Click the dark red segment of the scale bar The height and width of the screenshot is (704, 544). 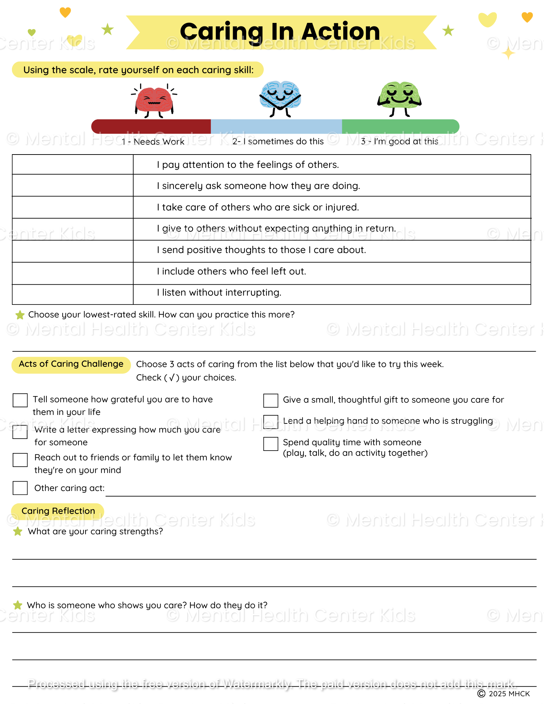151,126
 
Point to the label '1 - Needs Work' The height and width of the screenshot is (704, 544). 153,142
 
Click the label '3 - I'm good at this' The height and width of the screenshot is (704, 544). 400,142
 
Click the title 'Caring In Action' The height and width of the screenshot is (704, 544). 280,32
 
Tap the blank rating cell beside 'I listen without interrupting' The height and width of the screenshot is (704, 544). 73,294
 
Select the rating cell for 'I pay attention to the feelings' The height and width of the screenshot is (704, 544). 73,164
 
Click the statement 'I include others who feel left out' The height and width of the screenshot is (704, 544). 231,271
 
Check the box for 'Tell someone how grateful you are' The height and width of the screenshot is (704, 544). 20,400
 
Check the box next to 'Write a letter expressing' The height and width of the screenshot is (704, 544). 20,432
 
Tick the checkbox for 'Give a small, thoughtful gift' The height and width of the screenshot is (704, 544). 271,400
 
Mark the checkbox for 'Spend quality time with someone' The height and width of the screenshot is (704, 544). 271,444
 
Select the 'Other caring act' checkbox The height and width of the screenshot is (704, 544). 20,488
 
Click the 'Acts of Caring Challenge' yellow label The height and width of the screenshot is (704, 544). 71,364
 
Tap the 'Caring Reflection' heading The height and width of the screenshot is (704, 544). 58,511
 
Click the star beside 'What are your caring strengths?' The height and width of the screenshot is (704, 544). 18,532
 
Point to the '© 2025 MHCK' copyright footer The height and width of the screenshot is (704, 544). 504,693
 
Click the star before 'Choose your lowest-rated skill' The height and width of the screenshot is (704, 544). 20,315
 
